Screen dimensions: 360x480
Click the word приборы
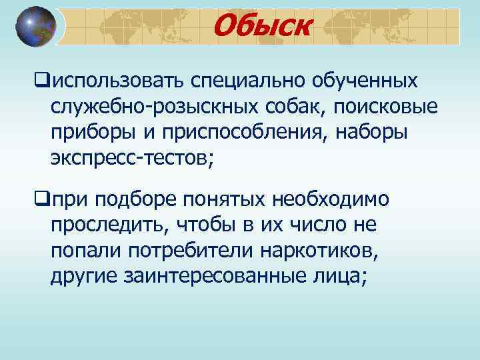tap(90, 132)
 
